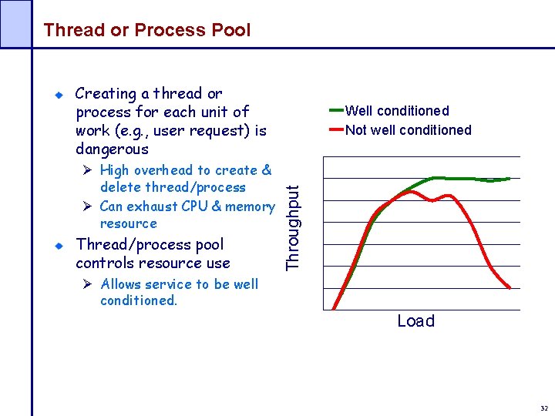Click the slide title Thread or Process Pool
click(x=147, y=30)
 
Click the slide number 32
click(x=544, y=408)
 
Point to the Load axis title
click(x=415, y=321)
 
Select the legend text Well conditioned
click(x=397, y=111)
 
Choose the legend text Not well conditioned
click(x=408, y=130)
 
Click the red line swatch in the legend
click(x=335, y=129)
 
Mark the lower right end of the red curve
click(x=510, y=287)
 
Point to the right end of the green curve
click(x=510, y=179)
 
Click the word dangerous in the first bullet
click(x=112, y=149)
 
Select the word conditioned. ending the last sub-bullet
click(x=139, y=300)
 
